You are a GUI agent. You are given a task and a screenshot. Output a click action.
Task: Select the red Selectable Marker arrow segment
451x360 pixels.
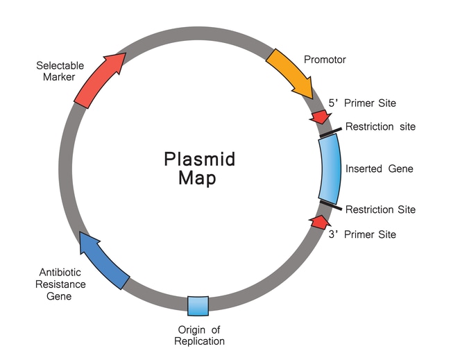pos(99,80)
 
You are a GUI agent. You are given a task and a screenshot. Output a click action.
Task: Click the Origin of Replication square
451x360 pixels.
pos(198,305)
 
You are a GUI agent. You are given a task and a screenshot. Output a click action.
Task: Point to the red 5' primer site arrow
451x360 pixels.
pos(321,116)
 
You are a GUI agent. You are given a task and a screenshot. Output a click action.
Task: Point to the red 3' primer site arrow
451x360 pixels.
pos(318,222)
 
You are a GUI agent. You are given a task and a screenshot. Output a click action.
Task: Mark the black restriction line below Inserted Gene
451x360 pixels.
pos(331,205)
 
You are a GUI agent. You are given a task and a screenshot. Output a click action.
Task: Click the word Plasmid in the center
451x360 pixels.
pos(199,159)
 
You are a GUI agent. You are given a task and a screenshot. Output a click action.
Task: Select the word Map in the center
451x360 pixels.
pos(197,178)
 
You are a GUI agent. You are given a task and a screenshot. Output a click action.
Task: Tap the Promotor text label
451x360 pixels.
pos(325,60)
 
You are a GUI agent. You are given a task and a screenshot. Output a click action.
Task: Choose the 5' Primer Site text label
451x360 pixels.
pos(362,103)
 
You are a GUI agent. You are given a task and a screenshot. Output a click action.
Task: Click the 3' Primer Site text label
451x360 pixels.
pos(362,234)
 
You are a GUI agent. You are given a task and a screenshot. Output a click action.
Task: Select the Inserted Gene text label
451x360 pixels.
pos(379,169)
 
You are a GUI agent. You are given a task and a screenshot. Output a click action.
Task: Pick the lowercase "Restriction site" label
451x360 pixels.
pos(380,127)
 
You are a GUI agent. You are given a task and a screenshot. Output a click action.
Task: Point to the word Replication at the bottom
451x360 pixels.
pos(199,341)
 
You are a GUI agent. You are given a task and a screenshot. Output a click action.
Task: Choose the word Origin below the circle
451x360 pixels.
pos(187,329)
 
